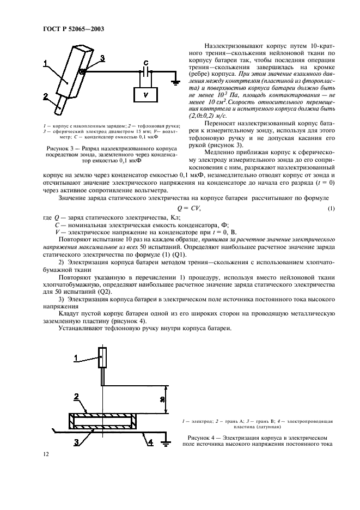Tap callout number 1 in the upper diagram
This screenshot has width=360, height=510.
click(46, 64)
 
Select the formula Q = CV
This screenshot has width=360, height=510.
click(189, 209)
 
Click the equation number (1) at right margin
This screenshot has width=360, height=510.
click(331, 209)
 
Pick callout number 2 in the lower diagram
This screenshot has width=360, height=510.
click(77, 396)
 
